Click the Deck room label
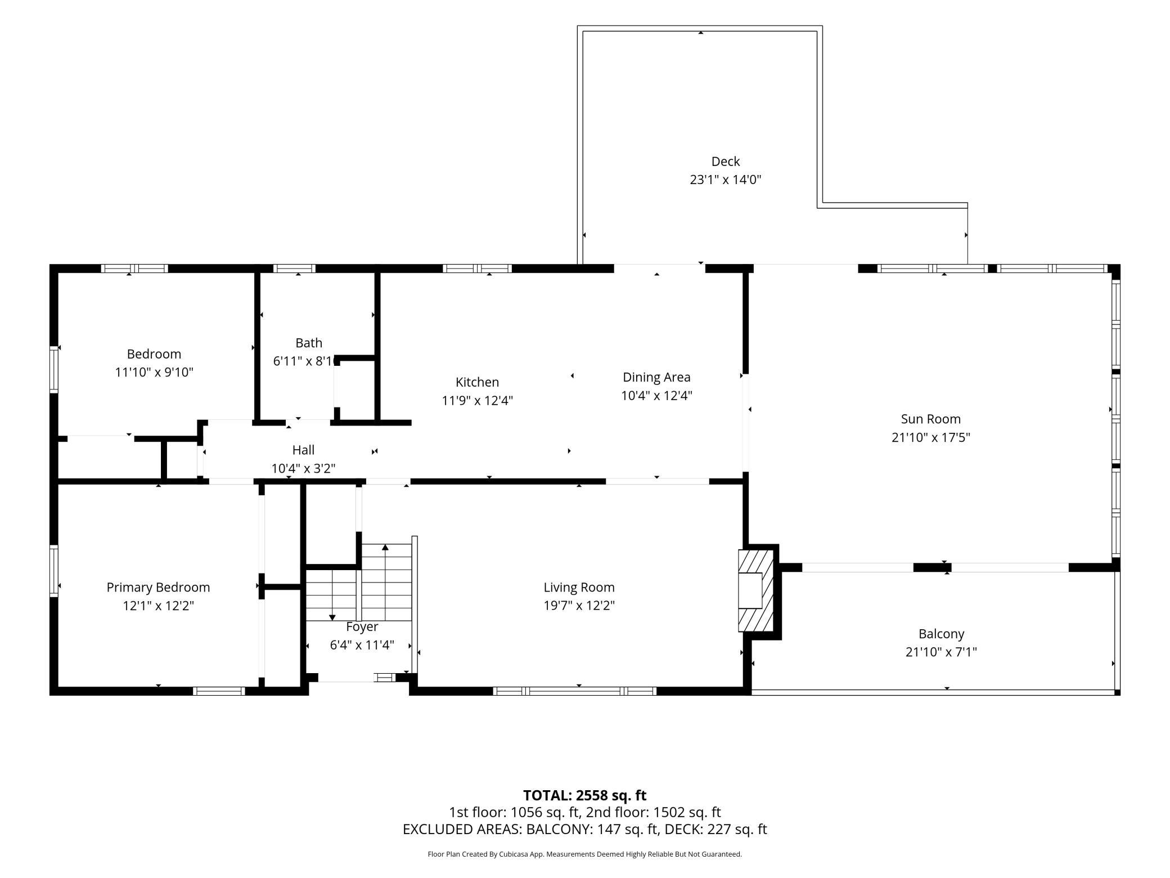click(x=725, y=162)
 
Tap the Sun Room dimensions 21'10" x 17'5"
click(x=930, y=437)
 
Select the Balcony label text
click(x=941, y=634)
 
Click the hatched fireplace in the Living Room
click(x=756, y=590)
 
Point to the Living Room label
click(x=579, y=588)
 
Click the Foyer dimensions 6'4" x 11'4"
click(x=362, y=645)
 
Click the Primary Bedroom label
click(x=158, y=588)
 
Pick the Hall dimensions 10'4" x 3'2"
click(x=303, y=468)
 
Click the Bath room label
click(x=309, y=343)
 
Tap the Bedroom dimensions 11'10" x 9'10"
click(x=154, y=372)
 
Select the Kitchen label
click(x=477, y=382)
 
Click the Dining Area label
click(x=656, y=377)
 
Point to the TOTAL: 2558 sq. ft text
click(x=585, y=795)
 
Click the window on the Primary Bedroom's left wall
click(x=54, y=571)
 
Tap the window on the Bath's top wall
click(x=294, y=268)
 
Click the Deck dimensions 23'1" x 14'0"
click(x=725, y=180)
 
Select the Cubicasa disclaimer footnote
click(x=585, y=854)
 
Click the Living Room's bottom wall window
click(x=575, y=691)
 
